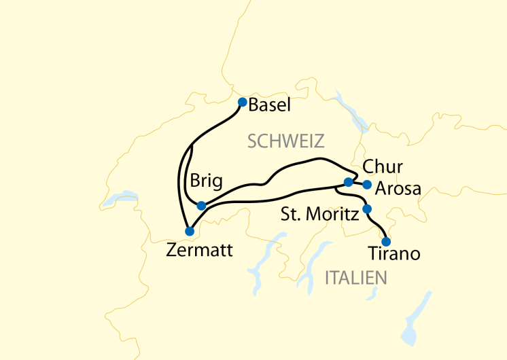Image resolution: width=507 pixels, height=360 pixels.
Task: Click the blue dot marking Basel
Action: tap(242, 103)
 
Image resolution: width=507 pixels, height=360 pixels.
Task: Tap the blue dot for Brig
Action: tap(201, 205)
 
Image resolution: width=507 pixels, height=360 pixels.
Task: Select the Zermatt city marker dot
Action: tap(189, 231)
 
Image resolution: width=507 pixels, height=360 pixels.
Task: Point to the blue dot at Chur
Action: tap(348, 182)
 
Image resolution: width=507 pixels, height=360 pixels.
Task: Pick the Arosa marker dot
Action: tap(367, 184)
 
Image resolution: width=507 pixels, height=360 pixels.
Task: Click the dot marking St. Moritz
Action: tap(367, 209)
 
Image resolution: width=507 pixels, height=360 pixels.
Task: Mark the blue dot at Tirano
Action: tap(386, 241)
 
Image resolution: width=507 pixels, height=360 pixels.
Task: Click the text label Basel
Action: tap(270, 105)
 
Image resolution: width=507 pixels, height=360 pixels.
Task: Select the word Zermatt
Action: tap(200, 251)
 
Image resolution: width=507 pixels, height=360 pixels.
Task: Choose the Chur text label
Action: tap(383, 167)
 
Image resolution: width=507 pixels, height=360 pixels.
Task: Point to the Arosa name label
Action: tap(398, 188)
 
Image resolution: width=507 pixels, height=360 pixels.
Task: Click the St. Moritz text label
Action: tap(319, 216)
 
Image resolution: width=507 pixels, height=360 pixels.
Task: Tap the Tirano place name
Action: tap(394, 255)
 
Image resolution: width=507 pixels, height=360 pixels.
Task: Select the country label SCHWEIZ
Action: tap(286, 141)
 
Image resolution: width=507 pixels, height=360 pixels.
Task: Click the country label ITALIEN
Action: tap(356, 278)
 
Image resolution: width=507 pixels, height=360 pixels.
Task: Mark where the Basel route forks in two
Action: tap(193, 144)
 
